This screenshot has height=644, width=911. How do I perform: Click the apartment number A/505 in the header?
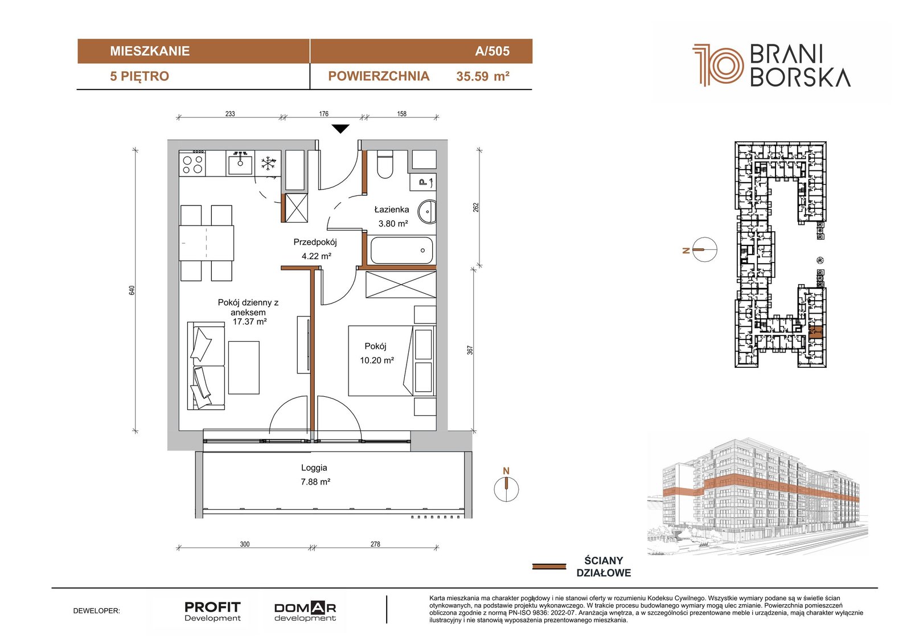(492, 51)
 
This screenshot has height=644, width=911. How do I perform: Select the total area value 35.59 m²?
(483, 76)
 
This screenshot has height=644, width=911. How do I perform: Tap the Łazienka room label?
(392, 210)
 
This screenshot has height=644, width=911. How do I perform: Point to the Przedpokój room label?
(315, 243)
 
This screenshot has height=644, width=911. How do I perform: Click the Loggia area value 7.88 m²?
(315, 482)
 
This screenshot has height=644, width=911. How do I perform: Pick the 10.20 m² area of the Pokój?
(376, 360)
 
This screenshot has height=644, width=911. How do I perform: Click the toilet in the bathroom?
(385, 165)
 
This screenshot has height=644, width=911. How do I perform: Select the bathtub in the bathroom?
(401, 250)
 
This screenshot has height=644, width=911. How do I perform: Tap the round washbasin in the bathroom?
(428, 212)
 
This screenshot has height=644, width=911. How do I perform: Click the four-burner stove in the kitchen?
(192, 163)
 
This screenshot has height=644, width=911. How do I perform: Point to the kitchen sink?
(240, 163)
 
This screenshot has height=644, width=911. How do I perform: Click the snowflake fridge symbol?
(268, 163)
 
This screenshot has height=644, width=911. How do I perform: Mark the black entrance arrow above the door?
(340, 129)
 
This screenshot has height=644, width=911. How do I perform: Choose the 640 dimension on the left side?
(132, 290)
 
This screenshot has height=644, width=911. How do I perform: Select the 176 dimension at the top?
(324, 114)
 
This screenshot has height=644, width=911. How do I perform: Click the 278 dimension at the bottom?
(375, 544)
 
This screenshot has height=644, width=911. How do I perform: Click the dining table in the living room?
(207, 243)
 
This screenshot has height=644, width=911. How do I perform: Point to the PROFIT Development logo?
(212, 612)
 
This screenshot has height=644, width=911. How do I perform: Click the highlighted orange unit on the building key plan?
(815, 332)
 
